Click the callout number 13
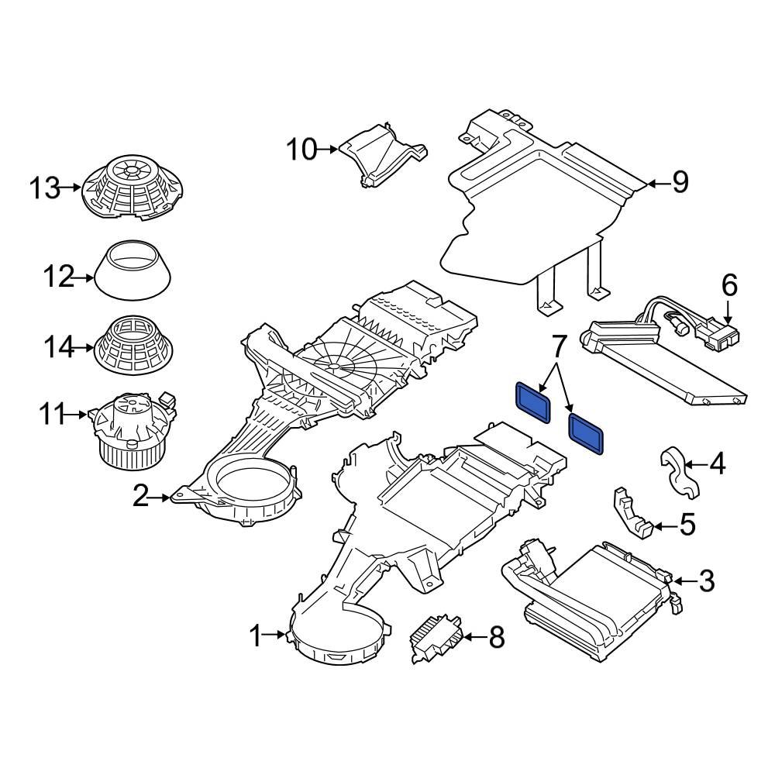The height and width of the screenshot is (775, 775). [x=45, y=188]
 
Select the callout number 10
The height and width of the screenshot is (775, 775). [x=301, y=148]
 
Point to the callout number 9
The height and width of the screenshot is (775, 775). [x=679, y=183]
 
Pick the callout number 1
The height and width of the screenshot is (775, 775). [x=257, y=637]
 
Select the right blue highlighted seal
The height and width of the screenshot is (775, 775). [x=587, y=431]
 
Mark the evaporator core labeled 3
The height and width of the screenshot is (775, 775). [x=597, y=592]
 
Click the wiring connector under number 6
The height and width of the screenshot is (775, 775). [x=718, y=335]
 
